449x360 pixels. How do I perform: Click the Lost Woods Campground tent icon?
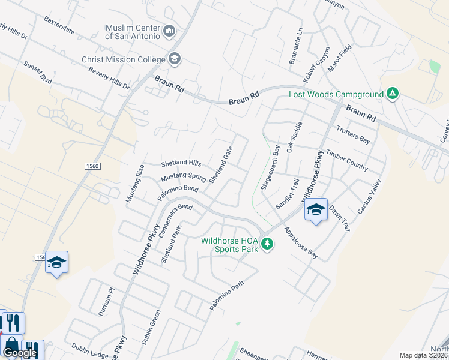click(x=393, y=94)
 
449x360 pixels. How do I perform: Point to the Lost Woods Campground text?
click(x=336, y=94)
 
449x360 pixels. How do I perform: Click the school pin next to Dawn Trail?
click(x=316, y=210)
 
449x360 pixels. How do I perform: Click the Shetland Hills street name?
click(x=181, y=163)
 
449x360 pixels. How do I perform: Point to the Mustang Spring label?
click(x=183, y=178)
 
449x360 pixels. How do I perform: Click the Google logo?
click(x=20, y=353)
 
